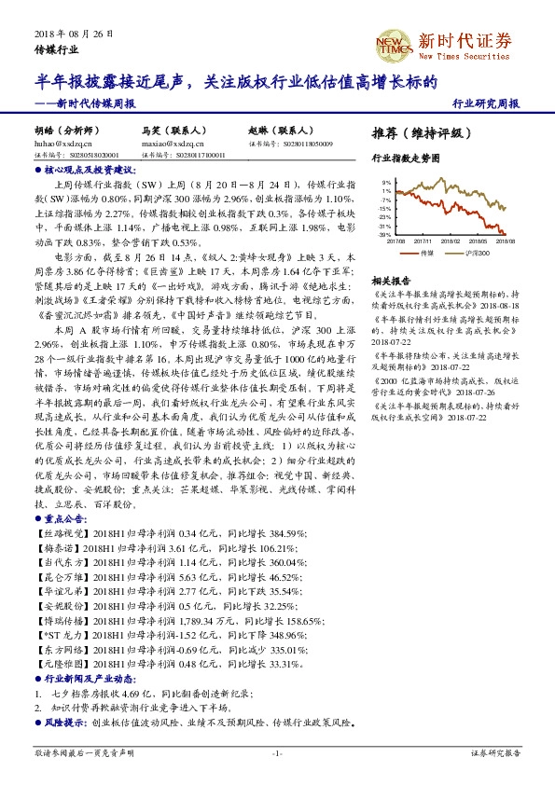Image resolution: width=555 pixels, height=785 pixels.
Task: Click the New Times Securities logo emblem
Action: coord(392,43)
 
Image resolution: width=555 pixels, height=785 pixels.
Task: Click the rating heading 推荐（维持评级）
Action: coord(416,132)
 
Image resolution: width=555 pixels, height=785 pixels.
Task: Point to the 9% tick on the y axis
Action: coord(386,183)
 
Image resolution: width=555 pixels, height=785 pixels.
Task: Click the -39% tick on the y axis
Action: coord(384,235)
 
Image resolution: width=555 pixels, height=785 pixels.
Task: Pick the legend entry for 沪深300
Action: coord(478,253)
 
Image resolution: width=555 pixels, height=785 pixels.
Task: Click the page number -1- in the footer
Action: coord(277,752)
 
